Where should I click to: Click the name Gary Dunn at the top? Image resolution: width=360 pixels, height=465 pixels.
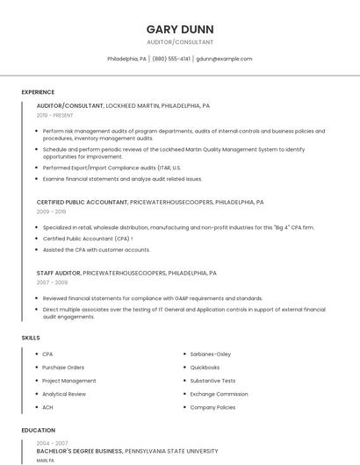180,29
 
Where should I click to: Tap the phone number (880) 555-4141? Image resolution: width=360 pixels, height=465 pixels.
171,59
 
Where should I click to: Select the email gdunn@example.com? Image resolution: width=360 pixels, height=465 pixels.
224,59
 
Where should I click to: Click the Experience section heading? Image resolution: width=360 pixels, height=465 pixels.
38,92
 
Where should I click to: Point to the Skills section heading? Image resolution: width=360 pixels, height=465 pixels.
31,338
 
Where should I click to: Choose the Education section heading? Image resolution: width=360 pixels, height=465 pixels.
39,431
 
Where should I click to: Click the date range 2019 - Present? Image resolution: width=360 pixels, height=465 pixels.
55,115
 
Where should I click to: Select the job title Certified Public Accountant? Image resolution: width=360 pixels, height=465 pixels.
82,202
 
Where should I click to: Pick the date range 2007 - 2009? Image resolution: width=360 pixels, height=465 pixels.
52,283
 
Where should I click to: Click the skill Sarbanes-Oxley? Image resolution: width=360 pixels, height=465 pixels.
210,354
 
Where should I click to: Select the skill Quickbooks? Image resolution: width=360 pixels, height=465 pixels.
205,368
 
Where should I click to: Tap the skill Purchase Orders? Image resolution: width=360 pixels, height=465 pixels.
63,368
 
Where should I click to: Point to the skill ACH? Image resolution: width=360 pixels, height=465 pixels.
48,407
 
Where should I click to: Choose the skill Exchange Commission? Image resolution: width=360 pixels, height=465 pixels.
219,394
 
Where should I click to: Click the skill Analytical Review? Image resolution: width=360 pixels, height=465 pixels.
64,394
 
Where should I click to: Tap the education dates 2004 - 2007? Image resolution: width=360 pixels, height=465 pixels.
52,443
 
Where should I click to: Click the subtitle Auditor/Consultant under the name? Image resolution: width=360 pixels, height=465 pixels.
180,42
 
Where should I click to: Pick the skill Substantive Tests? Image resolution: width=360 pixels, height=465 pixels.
212,381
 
